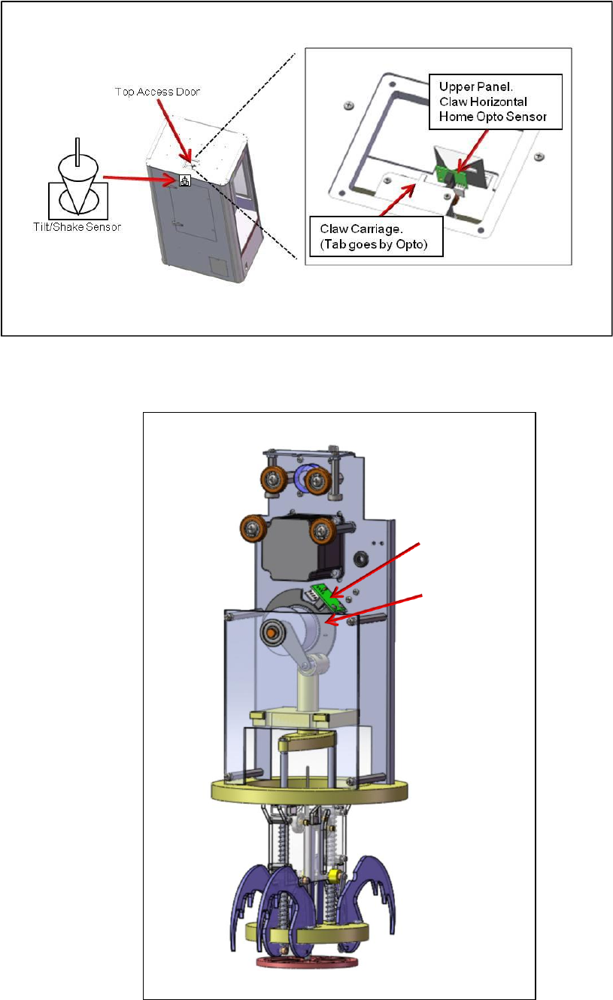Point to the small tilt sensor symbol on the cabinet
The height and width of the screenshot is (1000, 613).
tap(184, 180)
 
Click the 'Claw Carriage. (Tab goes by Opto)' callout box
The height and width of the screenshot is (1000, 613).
tap(375, 235)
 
